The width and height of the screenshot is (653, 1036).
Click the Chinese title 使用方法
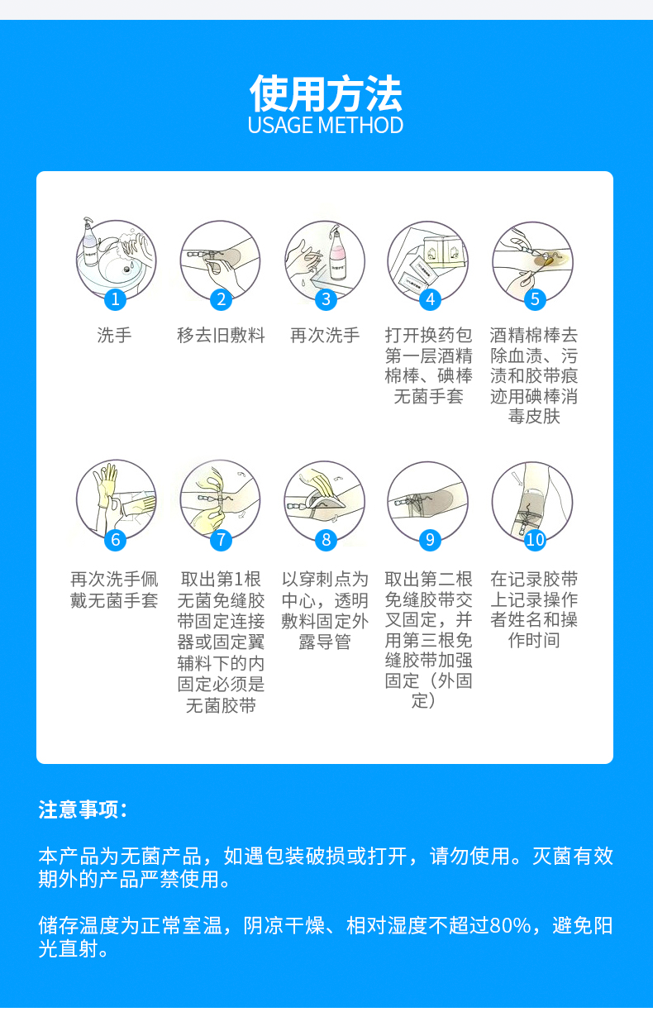tap(326, 93)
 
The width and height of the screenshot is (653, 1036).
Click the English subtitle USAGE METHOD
tap(326, 126)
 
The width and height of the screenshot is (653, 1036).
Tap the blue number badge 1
tap(116, 298)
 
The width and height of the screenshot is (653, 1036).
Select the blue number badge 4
tap(429, 299)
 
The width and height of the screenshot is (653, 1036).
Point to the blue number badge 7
tap(221, 540)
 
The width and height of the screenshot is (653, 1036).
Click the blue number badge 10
tap(535, 540)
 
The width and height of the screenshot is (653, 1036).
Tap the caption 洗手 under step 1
tap(114, 336)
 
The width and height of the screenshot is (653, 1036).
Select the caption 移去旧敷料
tap(221, 336)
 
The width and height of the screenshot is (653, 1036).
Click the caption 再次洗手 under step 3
tap(325, 336)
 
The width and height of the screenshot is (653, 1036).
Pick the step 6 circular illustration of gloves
tap(116, 499)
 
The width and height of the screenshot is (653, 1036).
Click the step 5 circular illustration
tap(533, 258)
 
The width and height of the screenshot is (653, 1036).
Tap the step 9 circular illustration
tap(428, 499)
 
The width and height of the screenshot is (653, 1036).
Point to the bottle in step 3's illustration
tap(338, 248)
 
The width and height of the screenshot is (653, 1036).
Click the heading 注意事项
tap(83, 809)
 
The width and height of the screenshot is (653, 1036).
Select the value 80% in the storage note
tap(510, 926)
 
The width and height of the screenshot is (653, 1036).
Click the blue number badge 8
tap(326, 540)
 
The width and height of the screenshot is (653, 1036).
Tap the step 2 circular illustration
tap(220, 258)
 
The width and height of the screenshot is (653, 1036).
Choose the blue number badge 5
tap(535, 299)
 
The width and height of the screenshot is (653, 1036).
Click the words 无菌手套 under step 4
tap(428, 397)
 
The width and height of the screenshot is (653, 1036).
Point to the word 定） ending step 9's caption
tap(422, 701)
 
